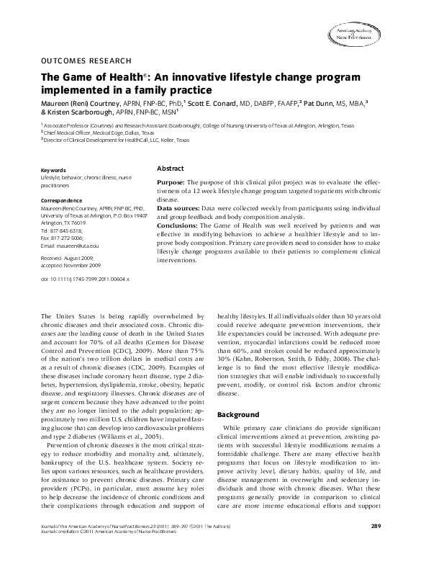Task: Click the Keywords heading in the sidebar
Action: [x=54, y=170]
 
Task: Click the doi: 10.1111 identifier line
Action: [x=85, y=278]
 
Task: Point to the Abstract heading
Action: [x=170, y=168]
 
